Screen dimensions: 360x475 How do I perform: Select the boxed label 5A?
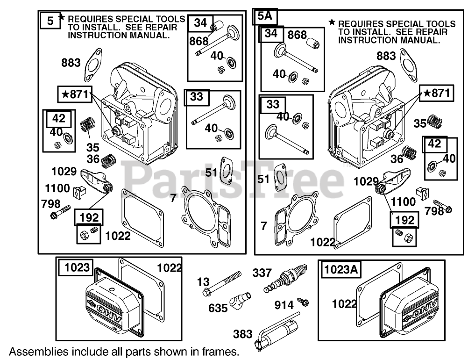[265, 17]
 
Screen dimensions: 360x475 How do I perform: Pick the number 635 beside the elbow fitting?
[218, 308]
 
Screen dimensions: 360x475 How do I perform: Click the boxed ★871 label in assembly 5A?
[437, 94]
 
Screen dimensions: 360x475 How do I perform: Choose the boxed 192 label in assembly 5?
[89, 217]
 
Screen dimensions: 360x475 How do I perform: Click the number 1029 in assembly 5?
[64, 171]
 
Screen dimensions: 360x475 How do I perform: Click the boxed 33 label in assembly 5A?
[272, 104]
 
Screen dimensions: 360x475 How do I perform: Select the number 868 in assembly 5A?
[297, 35]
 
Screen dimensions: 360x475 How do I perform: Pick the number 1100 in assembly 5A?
[403, 202]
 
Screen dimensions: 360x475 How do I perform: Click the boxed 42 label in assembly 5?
[59, 118]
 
